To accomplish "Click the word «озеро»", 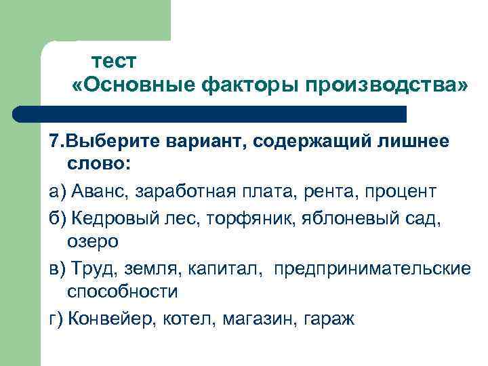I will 93,241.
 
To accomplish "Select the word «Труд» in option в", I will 89,268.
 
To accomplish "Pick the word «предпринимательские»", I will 371,268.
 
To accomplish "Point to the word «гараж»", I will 329,317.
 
